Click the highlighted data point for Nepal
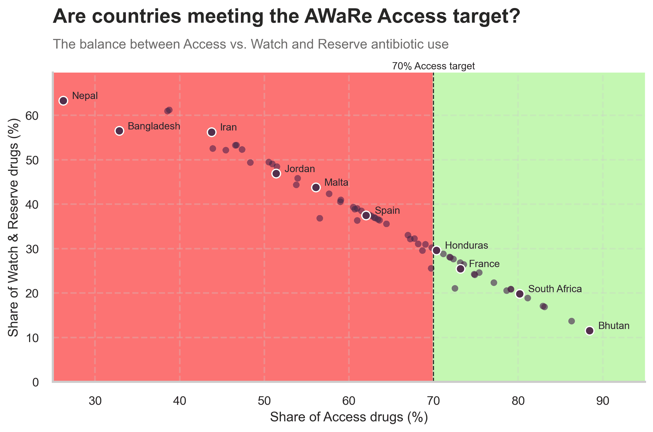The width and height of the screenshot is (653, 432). tap(63, 101)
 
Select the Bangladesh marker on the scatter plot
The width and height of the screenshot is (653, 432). tap(119, 131)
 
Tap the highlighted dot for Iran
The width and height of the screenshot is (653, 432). tap(212, 132)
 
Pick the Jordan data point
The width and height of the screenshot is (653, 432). tap(276, 173)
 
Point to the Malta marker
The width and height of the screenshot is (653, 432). tap(316, 187)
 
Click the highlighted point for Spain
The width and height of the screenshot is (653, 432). tap(366, 215)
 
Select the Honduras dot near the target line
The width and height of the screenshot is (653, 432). tap(436, 251)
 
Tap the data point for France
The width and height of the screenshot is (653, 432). tap(460, 269)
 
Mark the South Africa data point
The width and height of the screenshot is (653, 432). tap(520, 294)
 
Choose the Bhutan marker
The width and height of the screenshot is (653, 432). tap(590, 331)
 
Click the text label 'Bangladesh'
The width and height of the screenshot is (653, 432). tap(154, 126)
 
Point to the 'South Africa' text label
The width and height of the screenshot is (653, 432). tap(555, 289)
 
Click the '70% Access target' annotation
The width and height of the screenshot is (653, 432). tap(433, 66)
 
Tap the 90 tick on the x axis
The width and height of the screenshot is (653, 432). tap(603, 401)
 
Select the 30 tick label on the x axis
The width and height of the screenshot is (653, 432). tap(95, 401)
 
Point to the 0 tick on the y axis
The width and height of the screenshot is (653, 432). tap(35, 382)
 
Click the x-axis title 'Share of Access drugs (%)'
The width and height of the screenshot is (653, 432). tap(349, 417)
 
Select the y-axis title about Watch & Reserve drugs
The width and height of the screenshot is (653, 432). tap(13, 228)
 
